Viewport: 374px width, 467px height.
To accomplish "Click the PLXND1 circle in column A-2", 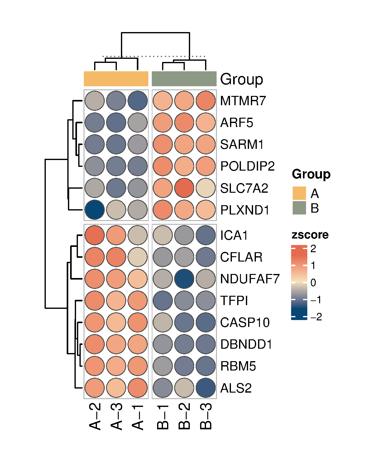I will (x=94, y=210).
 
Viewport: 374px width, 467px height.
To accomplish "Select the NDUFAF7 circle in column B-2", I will (x=184, y=279).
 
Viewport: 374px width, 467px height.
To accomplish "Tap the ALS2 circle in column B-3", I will (x=206, y=388).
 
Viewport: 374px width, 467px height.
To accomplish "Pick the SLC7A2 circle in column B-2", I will (x=184, y=188).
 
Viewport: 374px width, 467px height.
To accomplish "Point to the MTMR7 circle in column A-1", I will (x=137, y=101).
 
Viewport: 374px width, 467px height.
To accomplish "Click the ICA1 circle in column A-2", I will (x=94, y=235).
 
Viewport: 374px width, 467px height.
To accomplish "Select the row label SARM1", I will (x=242, y=144).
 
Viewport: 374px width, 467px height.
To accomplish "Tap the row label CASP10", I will (x=245, y=323).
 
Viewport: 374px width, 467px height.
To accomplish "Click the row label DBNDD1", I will (x=246, y=344).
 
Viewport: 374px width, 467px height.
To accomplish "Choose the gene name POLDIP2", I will (x=247, y=166).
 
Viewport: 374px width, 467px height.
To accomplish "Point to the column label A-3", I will (x=117, y=416).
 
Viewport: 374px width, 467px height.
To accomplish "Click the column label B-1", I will (x=163, y=417).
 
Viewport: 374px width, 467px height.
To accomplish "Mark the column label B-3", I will (x=206, y=416).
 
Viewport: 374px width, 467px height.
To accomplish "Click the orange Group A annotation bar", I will (x=116, y=79).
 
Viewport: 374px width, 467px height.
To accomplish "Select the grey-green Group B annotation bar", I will (x=184, y=79).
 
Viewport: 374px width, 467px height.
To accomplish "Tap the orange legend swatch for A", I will (x=299, y=193).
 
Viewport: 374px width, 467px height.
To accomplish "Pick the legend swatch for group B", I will (x=299, y=208).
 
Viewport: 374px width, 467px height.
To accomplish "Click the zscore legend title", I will (x=310, y=235).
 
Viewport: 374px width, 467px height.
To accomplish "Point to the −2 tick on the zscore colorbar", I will (x=316, y=317).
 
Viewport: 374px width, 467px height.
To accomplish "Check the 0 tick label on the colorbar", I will (x=313, y=283).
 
